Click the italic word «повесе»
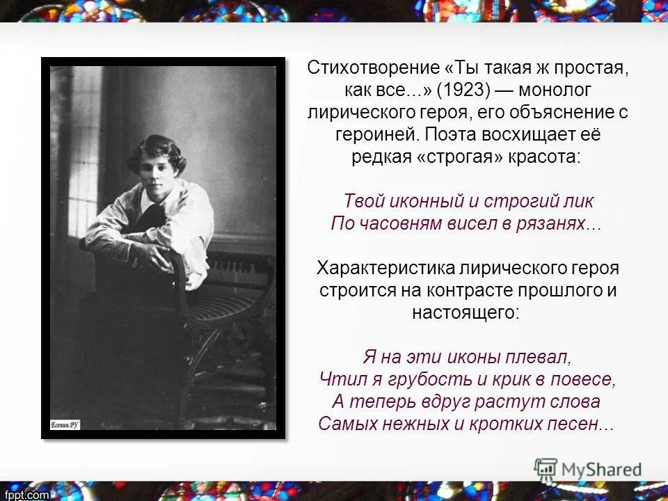(x=584, y=379)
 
